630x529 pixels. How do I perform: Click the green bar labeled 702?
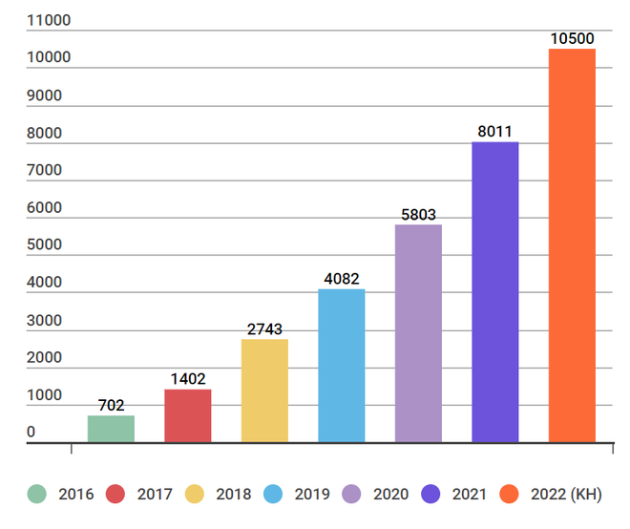click(111, 429)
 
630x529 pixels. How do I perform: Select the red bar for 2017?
click(188, 415)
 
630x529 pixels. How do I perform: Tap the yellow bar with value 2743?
click(264, 391)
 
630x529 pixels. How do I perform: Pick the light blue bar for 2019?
click(342, 366)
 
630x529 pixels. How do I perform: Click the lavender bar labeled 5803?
click(418, 333)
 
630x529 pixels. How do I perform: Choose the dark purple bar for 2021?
click(495, 292)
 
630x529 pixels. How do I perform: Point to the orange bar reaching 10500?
click(572, 245)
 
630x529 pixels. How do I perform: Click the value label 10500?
click(572, 39)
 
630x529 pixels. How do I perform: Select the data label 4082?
click(342, 279)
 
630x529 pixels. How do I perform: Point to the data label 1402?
click(188, 379)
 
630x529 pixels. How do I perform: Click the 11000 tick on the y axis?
click(49, 20)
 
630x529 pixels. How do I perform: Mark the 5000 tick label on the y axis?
click(45, 245)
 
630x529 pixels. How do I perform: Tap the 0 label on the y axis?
click(31, 433)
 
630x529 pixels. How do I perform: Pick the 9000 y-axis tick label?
click(45, 95)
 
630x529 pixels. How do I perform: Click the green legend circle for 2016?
click(36, 494)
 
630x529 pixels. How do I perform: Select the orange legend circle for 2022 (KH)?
click(510, 494)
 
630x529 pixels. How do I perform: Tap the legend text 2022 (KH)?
click(567, 494)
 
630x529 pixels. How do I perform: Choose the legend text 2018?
click(233, 494)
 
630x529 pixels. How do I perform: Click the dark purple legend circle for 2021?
click(430, 494)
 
